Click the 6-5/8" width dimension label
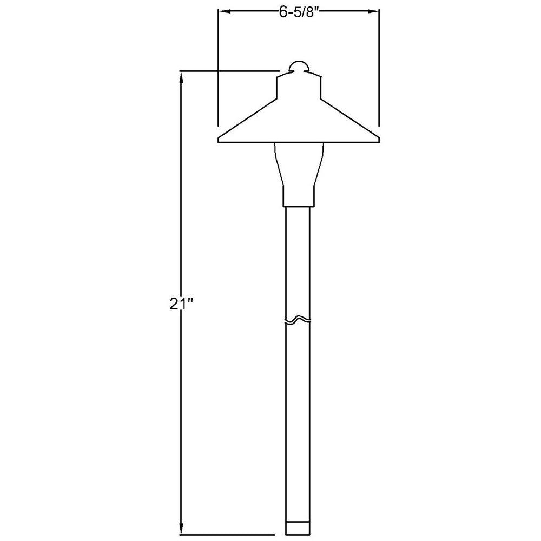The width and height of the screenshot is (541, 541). [298, 13]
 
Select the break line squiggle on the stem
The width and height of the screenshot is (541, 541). [298, 321]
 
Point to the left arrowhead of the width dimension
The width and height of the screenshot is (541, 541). [222, 11]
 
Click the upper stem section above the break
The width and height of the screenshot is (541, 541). [298, 260]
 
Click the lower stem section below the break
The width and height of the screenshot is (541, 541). [298, 422]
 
